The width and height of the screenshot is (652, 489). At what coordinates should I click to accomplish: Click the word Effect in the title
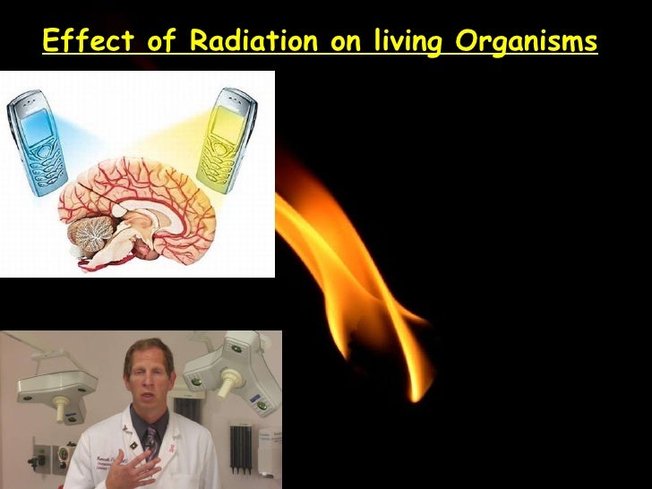[x=77, y=41]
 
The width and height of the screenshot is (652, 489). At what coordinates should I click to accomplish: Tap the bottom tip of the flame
[x=416, y=395]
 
